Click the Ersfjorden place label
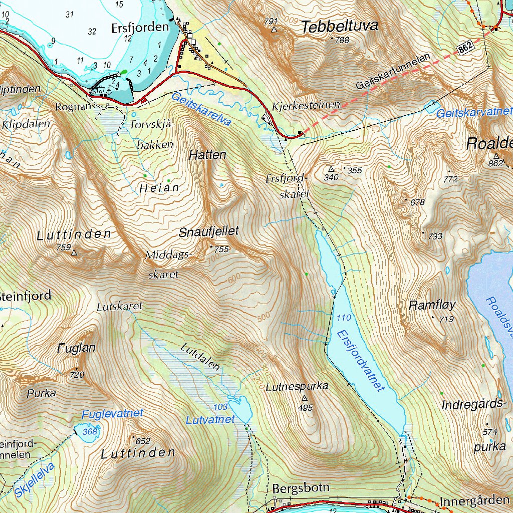coord(140,28)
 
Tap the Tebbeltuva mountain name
coord(339,27)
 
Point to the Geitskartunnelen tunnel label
coord(393,72)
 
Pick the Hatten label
coord(207,155)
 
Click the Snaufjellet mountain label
coord(209,231)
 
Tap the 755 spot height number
coord(221,249)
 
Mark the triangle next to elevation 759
coord(75,253)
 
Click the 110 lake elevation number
coord(344,318)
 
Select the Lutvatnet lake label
coord(210,420)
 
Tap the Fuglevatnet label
coord(112,414)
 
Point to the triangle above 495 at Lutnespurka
coord(305,399)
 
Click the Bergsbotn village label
coord(301,488)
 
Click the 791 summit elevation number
coord(271,21)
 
